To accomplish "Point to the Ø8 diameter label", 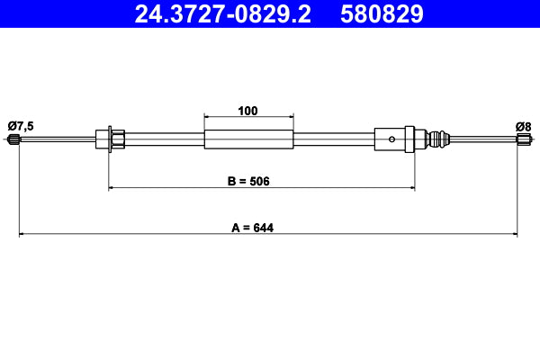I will [523, 125].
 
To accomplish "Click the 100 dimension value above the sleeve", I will [248, 111].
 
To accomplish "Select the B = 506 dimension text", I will [248, 181].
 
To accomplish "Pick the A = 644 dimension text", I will [251, 228].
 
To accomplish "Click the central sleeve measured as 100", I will [249, 139].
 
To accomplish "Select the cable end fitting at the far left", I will [13, 139].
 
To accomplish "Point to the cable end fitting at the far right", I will [523, 139].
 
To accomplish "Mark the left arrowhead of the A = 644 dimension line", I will [22, 235].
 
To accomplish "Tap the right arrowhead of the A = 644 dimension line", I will [514, 235].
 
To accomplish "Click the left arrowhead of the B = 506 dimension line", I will [112, 188].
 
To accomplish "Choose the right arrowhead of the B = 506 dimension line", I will [411, 188].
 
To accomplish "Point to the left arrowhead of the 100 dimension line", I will [208, 117].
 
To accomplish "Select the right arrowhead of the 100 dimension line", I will [291, 117].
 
